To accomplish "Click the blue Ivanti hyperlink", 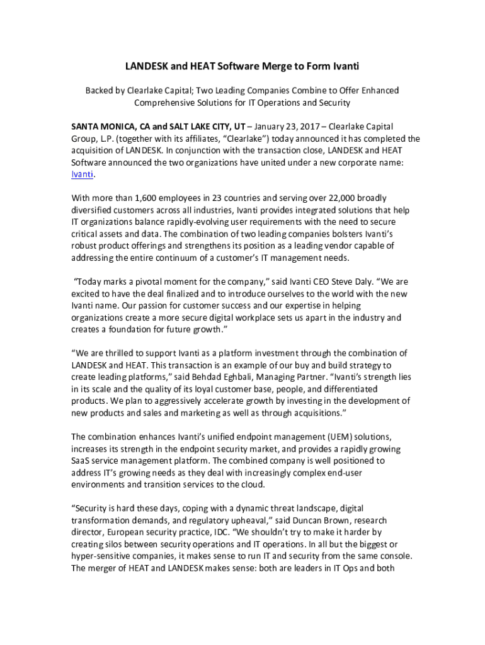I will [82, 174].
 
